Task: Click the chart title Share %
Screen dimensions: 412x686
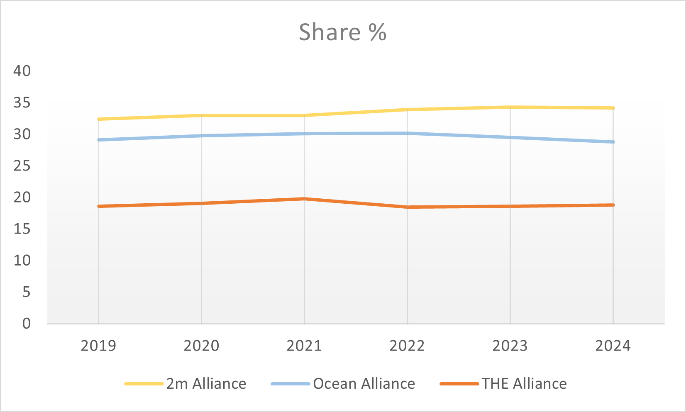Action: pyautogui.click(x=342, y=32)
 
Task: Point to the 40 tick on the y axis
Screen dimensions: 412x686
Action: pyautogui.click(x=22, y=71)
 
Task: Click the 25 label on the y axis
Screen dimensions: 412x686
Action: pyautogui.click(x=22, y=166)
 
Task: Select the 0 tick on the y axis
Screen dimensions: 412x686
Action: pyautogui.click(x=27, y=324)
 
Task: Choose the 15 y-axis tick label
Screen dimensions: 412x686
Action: pyautogui.click(x=22, y=229)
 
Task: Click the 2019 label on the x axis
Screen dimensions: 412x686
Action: pyautogui.click(x=98, y=346)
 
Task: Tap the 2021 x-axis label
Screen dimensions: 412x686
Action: pyautogui.click(x=304, y=346)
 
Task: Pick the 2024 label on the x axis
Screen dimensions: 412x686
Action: pyautogui.click(x=613, y=346)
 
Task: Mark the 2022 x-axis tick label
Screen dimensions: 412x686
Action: pyautogui.click(x=407, y=346)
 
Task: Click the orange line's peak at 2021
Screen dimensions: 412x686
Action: pyautogui.click(x=304, y=199)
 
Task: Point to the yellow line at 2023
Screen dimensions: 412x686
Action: pyautogui.click(x=510, y=107)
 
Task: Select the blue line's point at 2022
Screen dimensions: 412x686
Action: pyautogui.click(x=407, y=133)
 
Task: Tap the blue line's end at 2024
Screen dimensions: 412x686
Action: pyautogui.click(x=613, y=142)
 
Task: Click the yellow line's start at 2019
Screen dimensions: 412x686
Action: pyautogui.click(x=99, y=119)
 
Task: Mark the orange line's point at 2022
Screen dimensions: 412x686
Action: pyautogui.click(x=407, y=207)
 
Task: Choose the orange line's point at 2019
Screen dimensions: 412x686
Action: pyautogui.click(x=99, y=206)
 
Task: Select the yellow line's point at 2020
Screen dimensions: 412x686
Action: pyautogui.click(x=201, y=115)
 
